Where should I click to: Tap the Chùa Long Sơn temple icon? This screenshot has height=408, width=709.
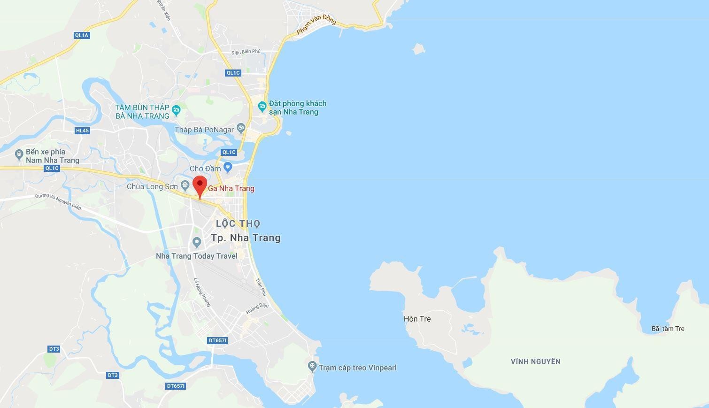coord(185,186)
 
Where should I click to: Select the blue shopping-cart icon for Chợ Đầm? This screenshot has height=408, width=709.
coord(228,167)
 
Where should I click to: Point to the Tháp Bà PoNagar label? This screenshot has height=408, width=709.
coord(204,130)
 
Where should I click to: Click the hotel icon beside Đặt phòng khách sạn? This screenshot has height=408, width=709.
coord(262,107)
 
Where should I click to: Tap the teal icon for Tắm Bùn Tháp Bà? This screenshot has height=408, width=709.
coord(176,111)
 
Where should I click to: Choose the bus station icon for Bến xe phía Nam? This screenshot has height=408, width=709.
coord(19,154)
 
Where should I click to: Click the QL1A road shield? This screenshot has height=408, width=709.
coord(81,35)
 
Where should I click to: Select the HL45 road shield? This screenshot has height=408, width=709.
coord(82,131)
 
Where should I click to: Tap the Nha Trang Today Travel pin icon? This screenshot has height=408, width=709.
coord(197,242)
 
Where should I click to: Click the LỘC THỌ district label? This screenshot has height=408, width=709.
coord(238,224)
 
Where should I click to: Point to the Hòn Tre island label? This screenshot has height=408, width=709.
coord(417,319)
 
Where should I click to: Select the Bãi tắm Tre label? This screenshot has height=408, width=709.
coord(668,329)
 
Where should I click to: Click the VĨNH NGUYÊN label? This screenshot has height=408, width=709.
coord(535,361)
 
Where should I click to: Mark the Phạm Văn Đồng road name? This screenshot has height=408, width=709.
coord(316,25)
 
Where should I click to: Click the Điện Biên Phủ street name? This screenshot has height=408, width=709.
coord(246,52)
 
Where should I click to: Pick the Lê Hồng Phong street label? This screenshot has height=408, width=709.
coord(202,292)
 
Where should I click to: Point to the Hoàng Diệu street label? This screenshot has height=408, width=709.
coord(257,308)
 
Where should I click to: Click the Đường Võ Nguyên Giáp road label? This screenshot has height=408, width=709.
coord(58,201)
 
